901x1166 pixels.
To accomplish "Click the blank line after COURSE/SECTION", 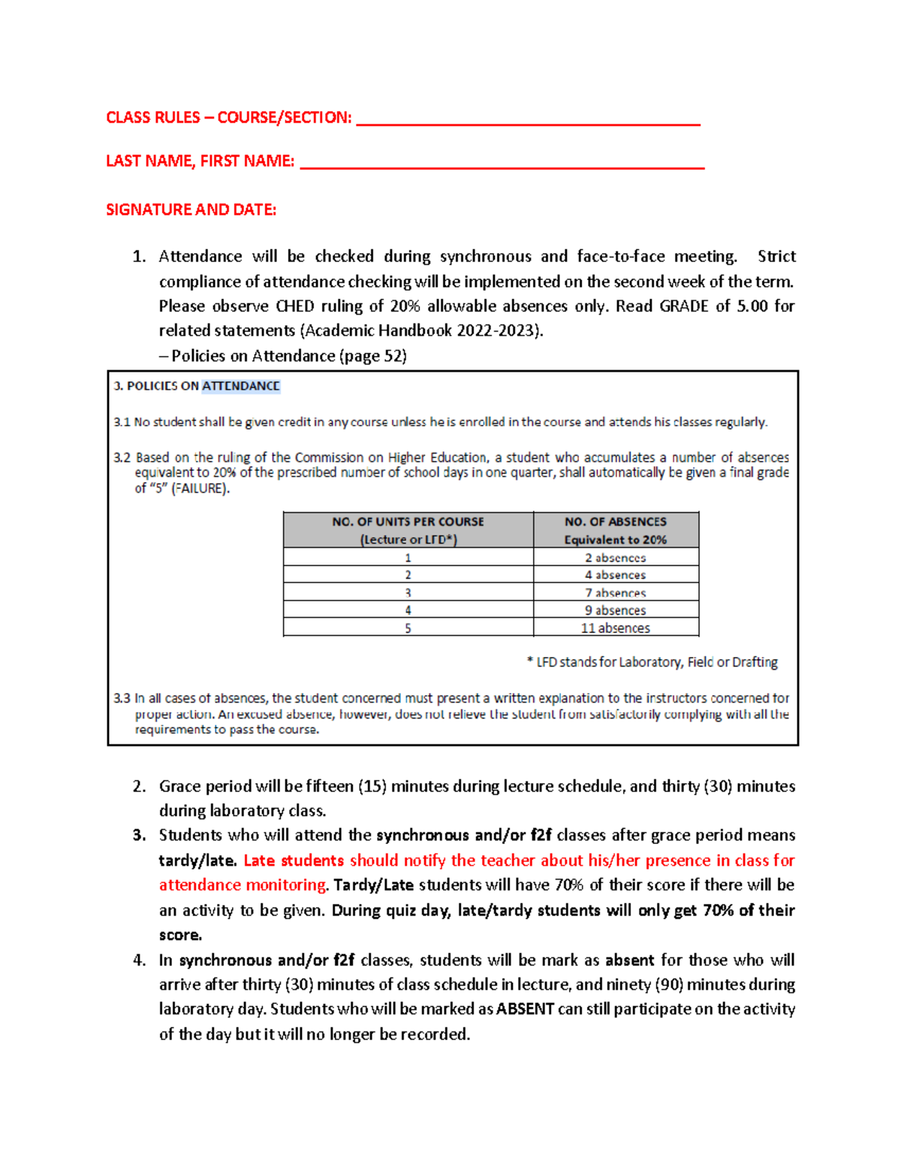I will pyautogui.click(x=528, y=121).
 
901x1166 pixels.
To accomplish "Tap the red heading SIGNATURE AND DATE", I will pyautogui.click(x=191, y=210).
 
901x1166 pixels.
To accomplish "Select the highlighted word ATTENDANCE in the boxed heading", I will pyautogui.click(x=240, y=386).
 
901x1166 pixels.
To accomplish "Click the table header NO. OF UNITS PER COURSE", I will pyautogui.click(x=408, y=522).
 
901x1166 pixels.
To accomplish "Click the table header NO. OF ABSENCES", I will pyautogui.click(x=615, y=522).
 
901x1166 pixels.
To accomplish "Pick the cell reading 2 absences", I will pyautogui.click(x=615, y=558).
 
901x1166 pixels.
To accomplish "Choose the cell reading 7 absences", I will pyautogui.click(x=615, y=593).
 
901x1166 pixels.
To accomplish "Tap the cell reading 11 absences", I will pyautogui.click(x=615, y=628).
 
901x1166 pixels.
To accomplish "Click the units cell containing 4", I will pyautogui.click(x=408, y=610).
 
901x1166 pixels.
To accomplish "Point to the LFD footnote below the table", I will pyautogui.click(x=652, y=662).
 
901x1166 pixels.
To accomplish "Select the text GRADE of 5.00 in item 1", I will pyautogui.click(x=713, y=306).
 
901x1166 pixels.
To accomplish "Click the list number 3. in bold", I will pyautogui.click(x=139, y=836).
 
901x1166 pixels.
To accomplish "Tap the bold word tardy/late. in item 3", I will pyautogui.click(x=197, y=860).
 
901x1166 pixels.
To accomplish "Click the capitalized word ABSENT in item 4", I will pyautogui.click(x=525, y=1009).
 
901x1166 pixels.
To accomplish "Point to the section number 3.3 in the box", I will pyautogui.click(x=122, y=698).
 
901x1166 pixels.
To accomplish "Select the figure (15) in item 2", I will pyautogui.click(x=372, y=786).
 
